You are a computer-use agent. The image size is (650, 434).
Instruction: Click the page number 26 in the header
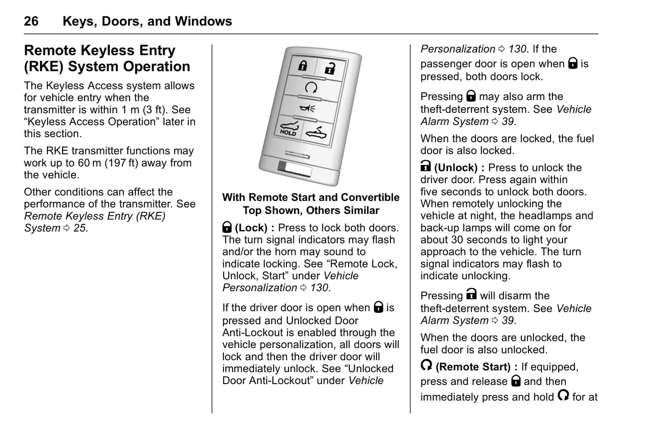(x=31, y=21)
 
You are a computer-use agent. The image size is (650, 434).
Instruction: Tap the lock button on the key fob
(x=303, y=66)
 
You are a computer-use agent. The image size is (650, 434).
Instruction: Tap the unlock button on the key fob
(x=330, y=68)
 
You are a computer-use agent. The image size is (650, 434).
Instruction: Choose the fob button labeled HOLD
(x=288, y=128)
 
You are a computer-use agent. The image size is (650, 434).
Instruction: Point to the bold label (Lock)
(x=251, y=228)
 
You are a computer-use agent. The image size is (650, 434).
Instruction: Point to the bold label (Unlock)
(x=456, y=168)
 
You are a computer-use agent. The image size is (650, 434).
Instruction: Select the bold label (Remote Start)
(x=473, y=367)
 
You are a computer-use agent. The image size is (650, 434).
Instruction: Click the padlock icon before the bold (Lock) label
(x=227, y=228)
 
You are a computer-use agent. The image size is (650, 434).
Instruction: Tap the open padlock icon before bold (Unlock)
(x=426, y=167)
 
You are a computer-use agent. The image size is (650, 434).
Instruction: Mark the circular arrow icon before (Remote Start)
(x=426, y=365)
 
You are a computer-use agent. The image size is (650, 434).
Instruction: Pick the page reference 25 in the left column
(x=79, y=228)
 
